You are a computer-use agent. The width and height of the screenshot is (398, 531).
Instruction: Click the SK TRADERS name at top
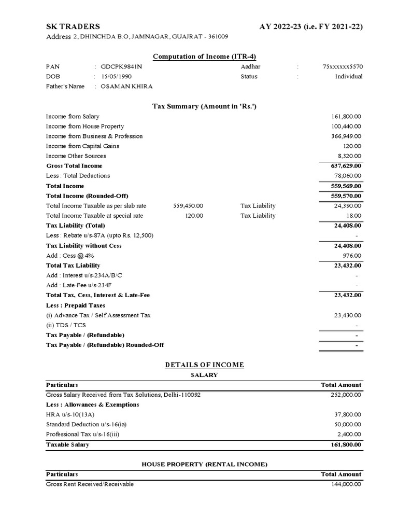coord(73,26)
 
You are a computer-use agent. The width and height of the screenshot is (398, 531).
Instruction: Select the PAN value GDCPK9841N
coord(121,67)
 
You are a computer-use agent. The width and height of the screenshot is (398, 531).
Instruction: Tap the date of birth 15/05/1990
coord(116,77)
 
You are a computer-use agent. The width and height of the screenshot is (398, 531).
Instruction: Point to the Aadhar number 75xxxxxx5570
coord(343,67)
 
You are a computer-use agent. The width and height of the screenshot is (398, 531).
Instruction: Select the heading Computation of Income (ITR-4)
coord(205,57)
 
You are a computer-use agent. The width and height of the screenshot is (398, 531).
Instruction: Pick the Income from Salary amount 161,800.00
coord(346,117)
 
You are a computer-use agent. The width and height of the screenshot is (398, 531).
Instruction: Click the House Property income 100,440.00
coord(346,127)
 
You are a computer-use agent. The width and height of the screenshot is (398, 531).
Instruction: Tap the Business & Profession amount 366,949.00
coord(346,136)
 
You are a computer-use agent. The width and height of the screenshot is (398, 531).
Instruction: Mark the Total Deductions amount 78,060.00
coord(348,176)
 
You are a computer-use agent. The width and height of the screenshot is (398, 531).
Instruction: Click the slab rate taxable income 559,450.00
coord(188,206)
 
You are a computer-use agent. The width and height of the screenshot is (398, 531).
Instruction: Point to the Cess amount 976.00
coord(352,256)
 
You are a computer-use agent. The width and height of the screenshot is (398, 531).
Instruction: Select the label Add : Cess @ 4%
coord(70,256)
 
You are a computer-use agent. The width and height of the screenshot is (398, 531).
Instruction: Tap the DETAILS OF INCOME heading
coord(204,365)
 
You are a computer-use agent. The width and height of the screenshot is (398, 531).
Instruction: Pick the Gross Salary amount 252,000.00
coord(346,395)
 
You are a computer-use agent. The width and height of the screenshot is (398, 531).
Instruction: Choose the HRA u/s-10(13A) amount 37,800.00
coord(348,415)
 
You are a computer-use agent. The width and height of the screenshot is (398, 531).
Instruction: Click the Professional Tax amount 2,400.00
coord(350,435)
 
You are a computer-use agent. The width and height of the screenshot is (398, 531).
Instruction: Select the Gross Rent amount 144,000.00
coord(346,484)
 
